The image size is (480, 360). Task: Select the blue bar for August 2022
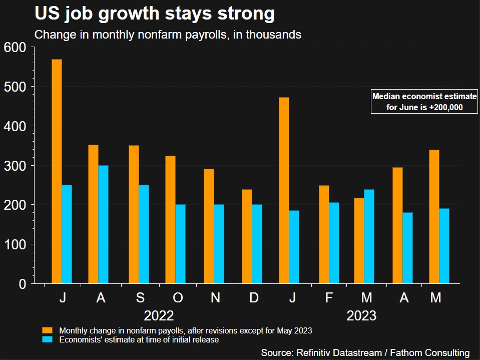coord(103,224)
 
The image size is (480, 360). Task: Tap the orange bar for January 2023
coord(284,190)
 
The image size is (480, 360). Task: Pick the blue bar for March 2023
coord(369,236)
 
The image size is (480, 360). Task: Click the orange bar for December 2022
coord(247,236)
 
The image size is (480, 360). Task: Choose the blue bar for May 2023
coord(444,246)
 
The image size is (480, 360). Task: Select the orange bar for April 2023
coord(397,225)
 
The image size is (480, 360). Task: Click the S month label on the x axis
coord(140,298)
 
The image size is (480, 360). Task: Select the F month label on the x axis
coord(329,298)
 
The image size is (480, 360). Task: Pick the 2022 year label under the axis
coord(159,316)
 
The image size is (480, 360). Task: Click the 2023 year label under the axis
coord(361,316)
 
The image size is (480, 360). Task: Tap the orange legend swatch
coord(48,330)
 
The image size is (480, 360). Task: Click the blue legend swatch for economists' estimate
coord(48,339)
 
